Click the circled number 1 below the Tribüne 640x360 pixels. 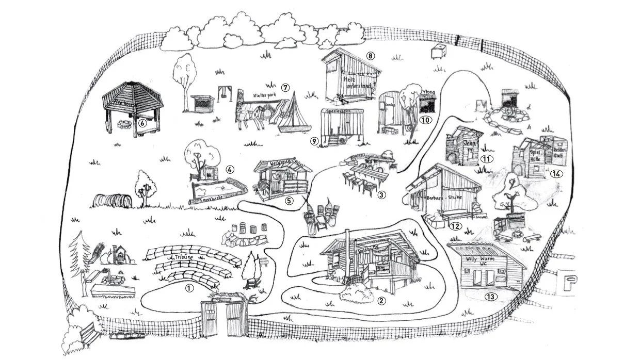pos(189,288)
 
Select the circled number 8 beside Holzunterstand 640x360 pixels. pos(370,55)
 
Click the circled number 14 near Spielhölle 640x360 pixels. pos(556,173)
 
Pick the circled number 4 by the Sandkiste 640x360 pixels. pos(230,169)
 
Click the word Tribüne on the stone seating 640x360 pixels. pos(184,256)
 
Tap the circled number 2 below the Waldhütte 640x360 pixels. pos(381,301)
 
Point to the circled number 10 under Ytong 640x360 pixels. pos(425,120)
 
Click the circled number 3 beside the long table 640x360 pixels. pos(381,195)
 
